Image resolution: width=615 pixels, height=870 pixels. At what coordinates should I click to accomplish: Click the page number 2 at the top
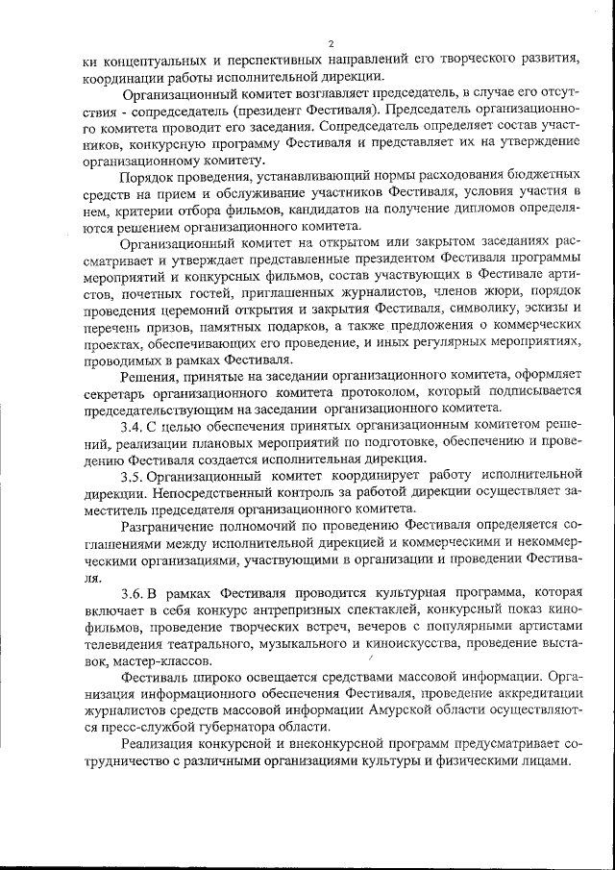click(x=330, y=43)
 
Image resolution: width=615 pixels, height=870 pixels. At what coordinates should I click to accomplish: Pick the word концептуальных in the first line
click(x=149, y=61)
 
